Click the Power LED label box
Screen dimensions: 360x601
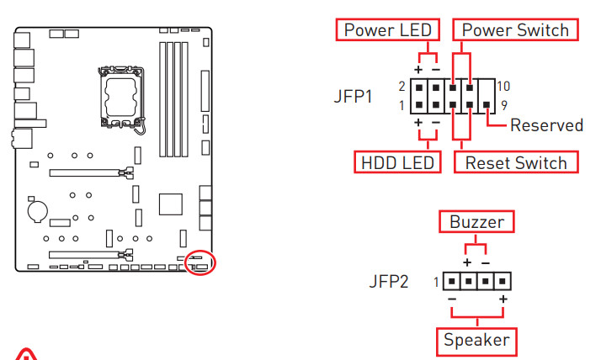click(x=387, y=30)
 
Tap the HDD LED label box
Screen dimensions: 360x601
click(x=397, y=161)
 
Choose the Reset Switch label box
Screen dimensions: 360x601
click(x=516, y=161)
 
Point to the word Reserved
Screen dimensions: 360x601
click(x=546, y=125)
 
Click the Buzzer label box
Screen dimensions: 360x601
click(x=476, y=222)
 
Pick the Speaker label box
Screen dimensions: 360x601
click(x=476, y=340)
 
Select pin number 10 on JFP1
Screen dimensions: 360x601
click(x=503, y=86)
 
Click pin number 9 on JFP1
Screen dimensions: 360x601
click(x=503, y=105)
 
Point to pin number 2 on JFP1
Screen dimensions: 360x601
click(x=402, y=86)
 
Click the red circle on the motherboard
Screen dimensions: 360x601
click(x=200, y=262)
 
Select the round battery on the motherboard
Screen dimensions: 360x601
click(x=36, y=209)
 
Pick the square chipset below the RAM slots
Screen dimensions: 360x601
click(x=171, y=205)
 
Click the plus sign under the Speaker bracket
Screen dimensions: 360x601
click(x=503, y=300)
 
